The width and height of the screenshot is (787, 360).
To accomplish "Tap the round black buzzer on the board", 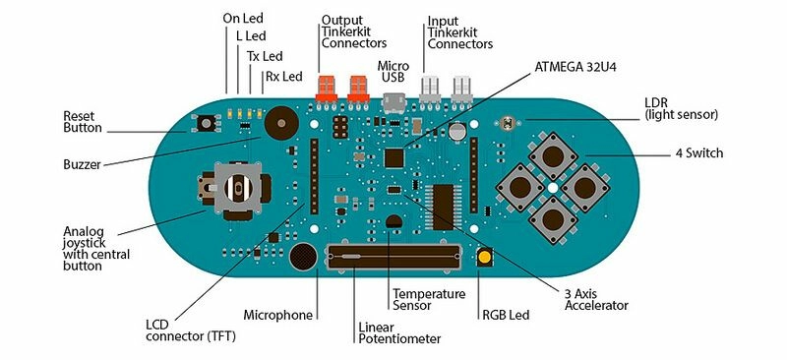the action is tap(280, 124).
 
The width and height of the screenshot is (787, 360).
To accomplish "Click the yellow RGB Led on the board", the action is tap(485, 258).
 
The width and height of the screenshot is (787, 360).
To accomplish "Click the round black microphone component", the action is tap(304, 258).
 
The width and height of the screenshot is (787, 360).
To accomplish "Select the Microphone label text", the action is tap(278, 315).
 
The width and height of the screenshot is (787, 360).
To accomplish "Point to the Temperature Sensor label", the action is tap(428, 300).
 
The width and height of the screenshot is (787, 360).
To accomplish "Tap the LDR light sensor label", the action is tap(681, 108).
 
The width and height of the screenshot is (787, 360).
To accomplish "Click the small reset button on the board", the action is tap(208, 124).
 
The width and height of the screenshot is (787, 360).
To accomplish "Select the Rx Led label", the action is tap(286, 76).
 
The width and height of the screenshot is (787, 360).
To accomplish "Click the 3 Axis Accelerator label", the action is tap(596, 299).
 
